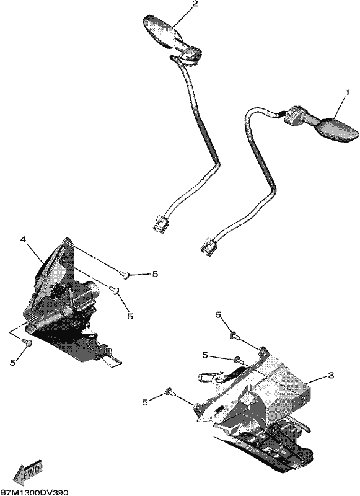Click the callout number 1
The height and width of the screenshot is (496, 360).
click(x=347, y=93)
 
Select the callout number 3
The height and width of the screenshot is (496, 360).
click(x=331, y=376)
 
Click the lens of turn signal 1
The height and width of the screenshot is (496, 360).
click(x=337, y=129)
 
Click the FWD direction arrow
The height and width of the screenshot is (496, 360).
click(x=27, y=472)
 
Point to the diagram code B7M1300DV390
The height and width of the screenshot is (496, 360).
click(x=34, y=492)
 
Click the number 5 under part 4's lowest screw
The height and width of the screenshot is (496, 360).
click(x=12, y=363)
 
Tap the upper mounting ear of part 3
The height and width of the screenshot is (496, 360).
click(x=263, y=350)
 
